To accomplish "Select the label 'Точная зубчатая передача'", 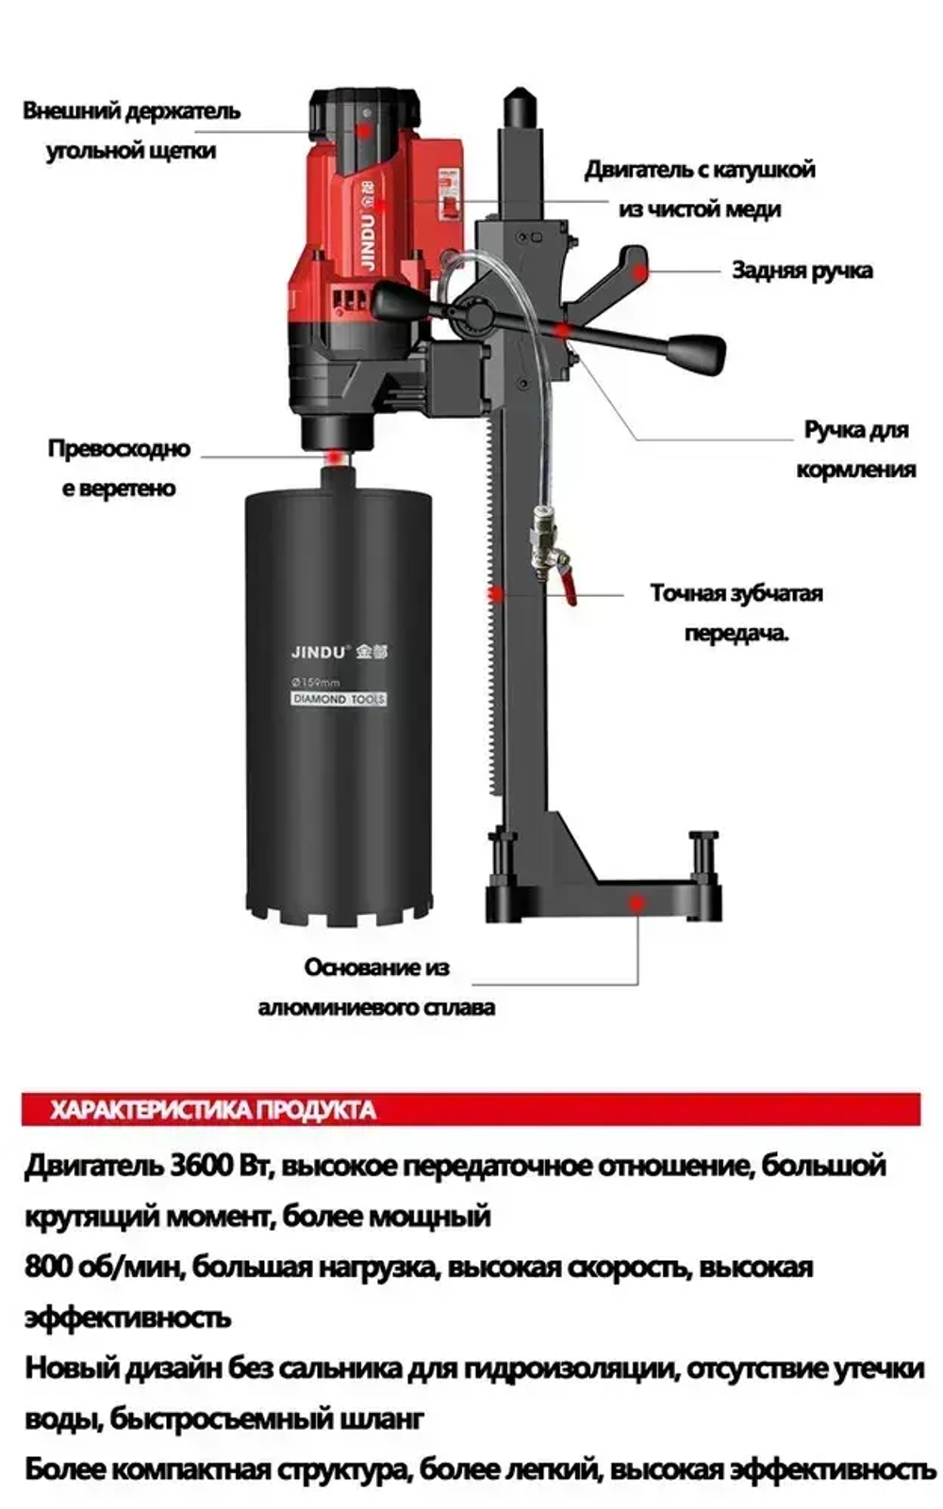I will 736,612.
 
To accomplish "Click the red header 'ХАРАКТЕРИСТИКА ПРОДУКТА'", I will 213,1109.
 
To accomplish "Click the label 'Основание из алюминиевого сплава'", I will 376,987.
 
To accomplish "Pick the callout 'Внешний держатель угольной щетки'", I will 131,130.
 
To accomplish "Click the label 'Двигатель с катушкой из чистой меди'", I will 699,190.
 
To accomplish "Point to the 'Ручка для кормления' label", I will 855,449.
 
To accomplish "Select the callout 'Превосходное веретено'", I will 119,468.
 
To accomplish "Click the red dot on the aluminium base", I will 637,902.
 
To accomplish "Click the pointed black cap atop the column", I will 518,107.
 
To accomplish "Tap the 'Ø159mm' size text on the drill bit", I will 316,681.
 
